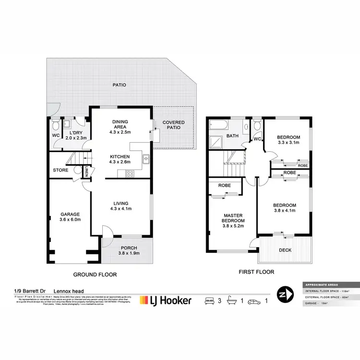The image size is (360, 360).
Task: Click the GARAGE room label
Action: click(70, 214)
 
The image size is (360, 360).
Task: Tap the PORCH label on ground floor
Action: click(127, 248)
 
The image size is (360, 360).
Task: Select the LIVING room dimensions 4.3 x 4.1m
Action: click(121, 208)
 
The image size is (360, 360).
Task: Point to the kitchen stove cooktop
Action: click(130, 174)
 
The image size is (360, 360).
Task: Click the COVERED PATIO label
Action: click(173, 125)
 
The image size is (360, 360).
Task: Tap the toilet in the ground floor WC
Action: click(55, 126)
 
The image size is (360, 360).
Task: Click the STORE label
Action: click(61, 170)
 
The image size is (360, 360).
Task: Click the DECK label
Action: click(285, 250)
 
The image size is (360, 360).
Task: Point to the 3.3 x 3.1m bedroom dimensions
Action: click(288, 142)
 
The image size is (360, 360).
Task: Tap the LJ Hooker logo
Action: click(165, 300)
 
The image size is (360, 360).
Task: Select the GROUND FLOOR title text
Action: click(95, 275)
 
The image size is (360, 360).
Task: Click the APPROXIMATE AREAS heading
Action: click(316, 284)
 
